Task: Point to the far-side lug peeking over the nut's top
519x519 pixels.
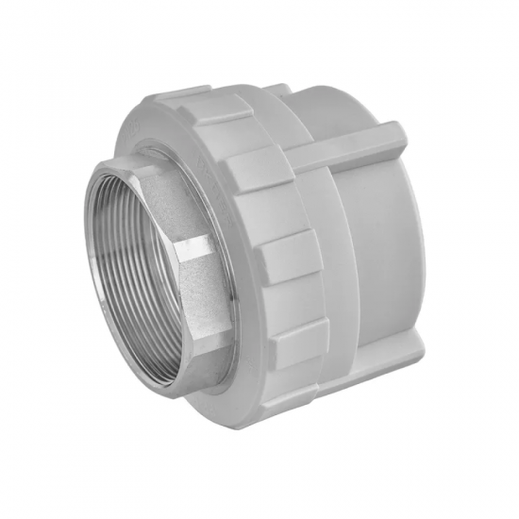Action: click(x=278, y=92)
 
